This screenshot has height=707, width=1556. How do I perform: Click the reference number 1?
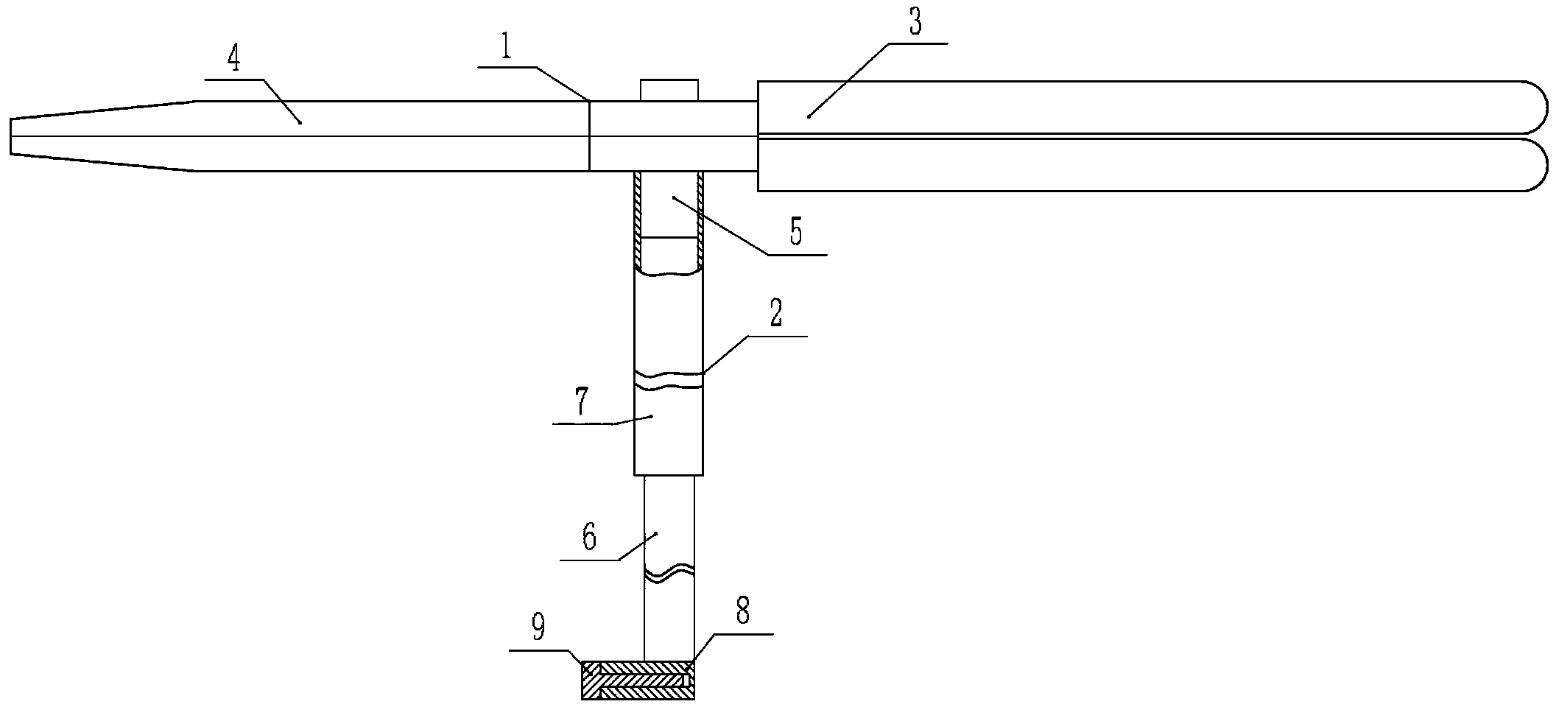click(x=504, y=48)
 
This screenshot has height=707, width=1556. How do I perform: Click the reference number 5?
click(x=795, y=232)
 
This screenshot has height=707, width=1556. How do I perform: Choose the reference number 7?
click(x=581, y=403)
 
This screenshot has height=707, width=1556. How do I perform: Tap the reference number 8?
click(x=742, y=611)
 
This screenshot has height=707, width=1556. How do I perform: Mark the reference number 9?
click(x=538, y=627)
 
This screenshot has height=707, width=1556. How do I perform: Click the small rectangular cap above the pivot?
click(x=669, y=89)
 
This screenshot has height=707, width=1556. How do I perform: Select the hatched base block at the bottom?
click(x=638, y=680)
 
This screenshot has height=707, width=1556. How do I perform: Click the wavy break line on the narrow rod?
click(x=669, y=574)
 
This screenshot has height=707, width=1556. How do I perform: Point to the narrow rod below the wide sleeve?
click(x=669, y=516)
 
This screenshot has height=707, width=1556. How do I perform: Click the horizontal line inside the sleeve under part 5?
click(x=669, y=237)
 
